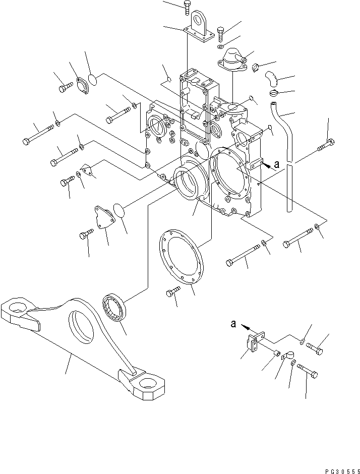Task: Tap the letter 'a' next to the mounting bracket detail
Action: (x=233, y=324)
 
